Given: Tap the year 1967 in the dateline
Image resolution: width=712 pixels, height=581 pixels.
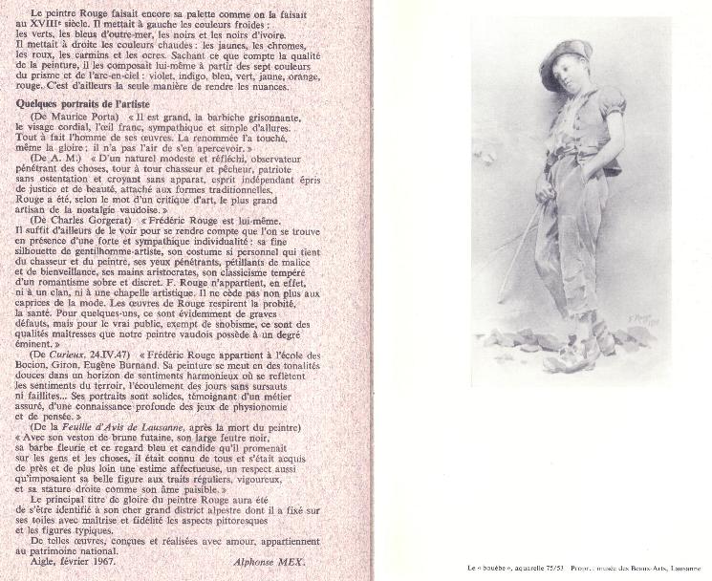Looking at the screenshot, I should [97, 563].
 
